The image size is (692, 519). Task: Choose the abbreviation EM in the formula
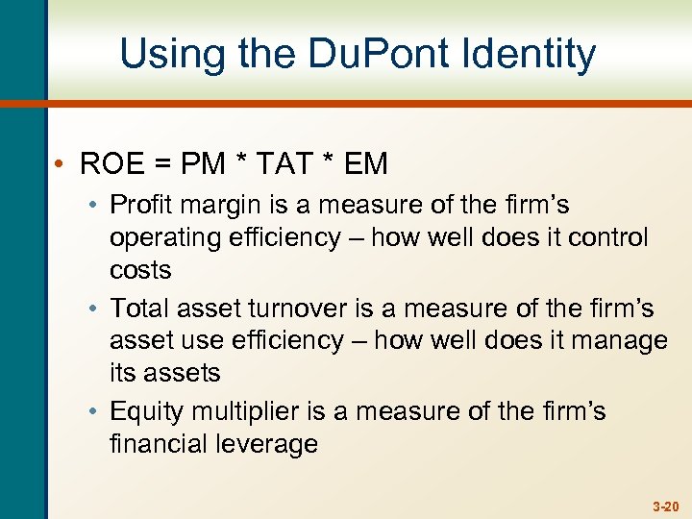[x=365, y=164]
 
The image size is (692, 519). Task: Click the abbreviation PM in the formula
[x=203, y=164]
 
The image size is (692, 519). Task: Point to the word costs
[x=140, y=270]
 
